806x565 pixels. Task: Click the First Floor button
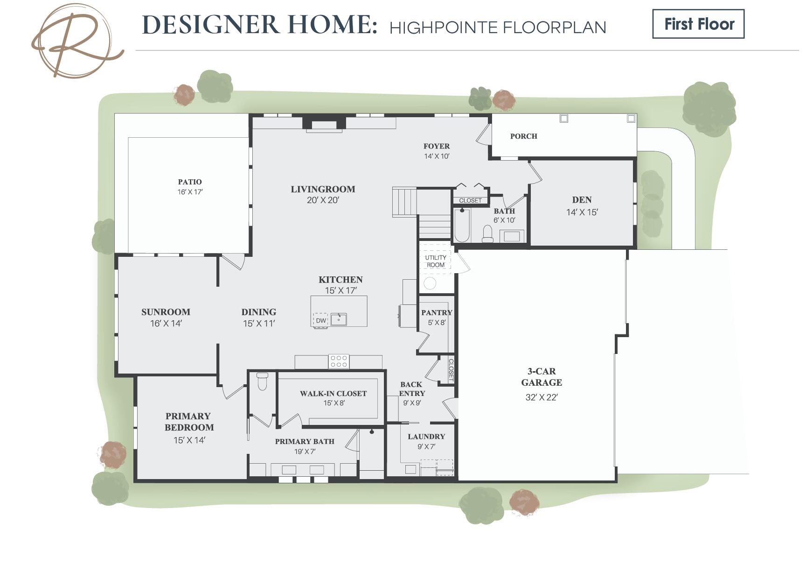pos(698,24)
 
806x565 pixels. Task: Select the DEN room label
pos(582,200)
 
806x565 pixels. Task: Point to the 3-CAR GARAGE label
pos(542,377)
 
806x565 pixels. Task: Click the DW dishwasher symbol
pos(321,320)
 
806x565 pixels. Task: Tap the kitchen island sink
pos(339,319)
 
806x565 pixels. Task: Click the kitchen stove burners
pos(339,361)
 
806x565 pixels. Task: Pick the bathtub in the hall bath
pos(462,225)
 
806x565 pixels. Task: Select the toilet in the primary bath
pos(263,381)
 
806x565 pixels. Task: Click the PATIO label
pos(190,182)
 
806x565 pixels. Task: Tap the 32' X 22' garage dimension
pos(542,397)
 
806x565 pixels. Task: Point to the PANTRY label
pos(437,313)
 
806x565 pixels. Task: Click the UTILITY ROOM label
pos(436,261)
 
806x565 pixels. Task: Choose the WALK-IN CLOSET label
pos(333,394)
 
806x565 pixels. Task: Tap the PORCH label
pos(524,136)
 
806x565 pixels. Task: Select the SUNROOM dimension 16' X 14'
pos(166,323)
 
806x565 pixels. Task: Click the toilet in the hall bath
pos(487,234)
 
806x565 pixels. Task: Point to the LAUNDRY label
pos(426,437)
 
